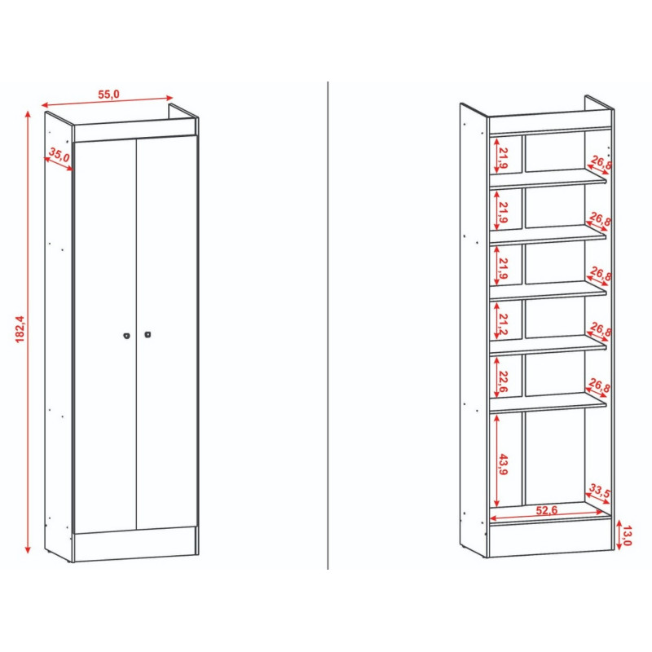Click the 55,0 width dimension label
(108, 95)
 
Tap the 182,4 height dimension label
(20, 329)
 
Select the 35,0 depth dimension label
(59, 155)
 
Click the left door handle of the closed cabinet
(127, 336)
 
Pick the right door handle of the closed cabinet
(148, 334)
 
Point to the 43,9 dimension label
(504, 465)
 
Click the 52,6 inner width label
(546, 510)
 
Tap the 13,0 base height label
(628, 535)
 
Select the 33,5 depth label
(600, 491)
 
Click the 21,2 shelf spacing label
(504, 324)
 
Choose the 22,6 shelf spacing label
(503, 381)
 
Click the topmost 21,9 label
(504, 157)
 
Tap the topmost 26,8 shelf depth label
(601, 162)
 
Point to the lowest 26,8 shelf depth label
(600, 385)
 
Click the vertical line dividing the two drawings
(328, 325)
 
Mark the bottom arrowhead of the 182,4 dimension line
(28, 549)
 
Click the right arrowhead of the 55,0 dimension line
(169, 98)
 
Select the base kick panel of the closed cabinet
(134, 544)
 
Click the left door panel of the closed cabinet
(105, 336)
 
